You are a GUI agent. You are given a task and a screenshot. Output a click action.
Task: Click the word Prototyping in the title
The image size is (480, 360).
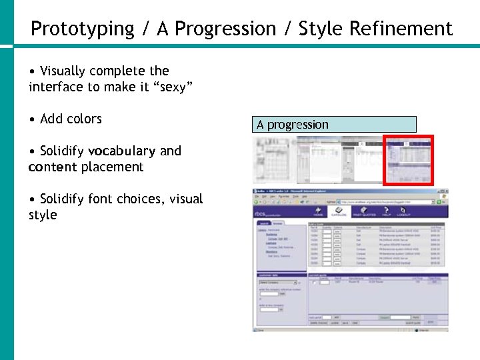tap(83, 29)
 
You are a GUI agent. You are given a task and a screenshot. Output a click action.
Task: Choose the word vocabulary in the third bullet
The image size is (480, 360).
tap(121, 151)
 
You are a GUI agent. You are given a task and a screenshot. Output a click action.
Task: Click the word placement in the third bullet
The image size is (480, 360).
tap(113, 167)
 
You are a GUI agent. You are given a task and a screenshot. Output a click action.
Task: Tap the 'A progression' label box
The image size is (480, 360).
tap(334, 125)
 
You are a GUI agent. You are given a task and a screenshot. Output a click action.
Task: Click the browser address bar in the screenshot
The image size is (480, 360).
tap(380, 201)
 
